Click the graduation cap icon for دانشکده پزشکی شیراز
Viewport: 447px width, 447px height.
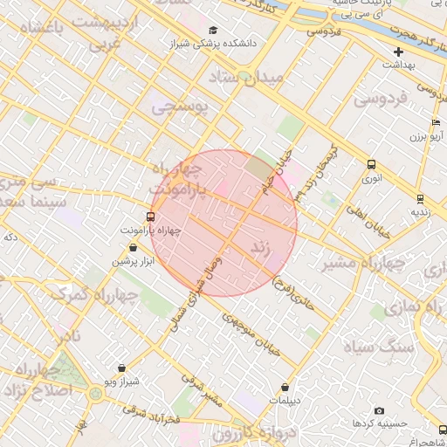click(x=212, y=31)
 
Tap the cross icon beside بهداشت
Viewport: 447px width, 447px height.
click(x=399, y=52)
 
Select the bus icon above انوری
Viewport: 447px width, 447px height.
click(x=373, y=164)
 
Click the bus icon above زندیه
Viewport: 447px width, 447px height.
click(x=420, y=198)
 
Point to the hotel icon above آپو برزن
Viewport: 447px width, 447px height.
click(x=436, y=123)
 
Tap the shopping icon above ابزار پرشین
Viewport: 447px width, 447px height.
click(x=132, y=247)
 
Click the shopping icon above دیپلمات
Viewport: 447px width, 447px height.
click(x=285, y=387)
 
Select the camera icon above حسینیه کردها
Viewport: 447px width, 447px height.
click(x=379, y=410)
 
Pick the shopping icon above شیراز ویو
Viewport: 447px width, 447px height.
click(x=120, y=368)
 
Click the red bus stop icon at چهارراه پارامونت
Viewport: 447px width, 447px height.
click(x=151, y=217)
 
